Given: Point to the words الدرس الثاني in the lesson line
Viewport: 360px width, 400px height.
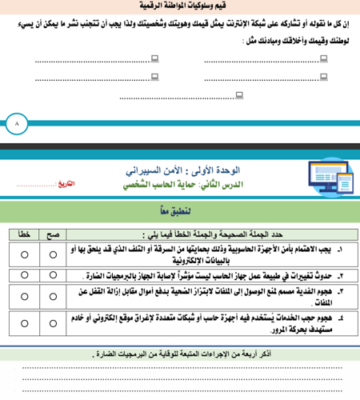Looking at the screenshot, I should [274, 184].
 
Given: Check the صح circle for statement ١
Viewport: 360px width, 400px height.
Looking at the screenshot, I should [53, 254].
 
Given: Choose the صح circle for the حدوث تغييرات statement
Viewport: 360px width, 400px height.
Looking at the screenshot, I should [53, 276].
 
